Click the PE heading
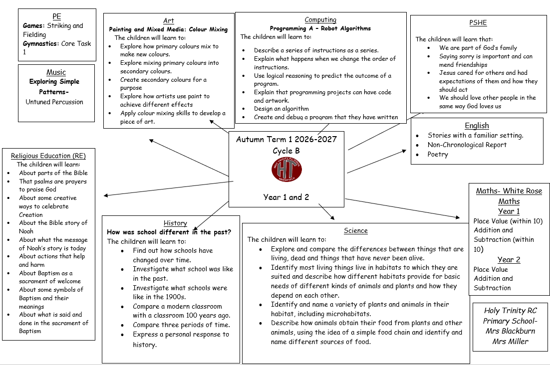pyautogui.click(x=57, y=16)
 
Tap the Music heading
pyautogui.click(x=56, y=72)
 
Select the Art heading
pyautogui.click(x=168, y=20)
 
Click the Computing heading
pyautogui.click(x=320, y=20)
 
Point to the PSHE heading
pyautogui.click(x=478, y=23)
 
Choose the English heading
pyautogui.click(x=477, y=125)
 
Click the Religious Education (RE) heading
pyautogui.click(x=48, y=156)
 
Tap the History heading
pyautogui.click(x=175, y=223)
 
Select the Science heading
pyautogui.click(x=356, y=230)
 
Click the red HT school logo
pyautogui.click(x=286, y=170)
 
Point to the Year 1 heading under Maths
pyautogui.click(x=509, y=211)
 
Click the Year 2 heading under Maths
pyautogui.click(x=509, y=260)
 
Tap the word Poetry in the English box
pyautogui.click(x=438, y=154)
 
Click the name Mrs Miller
pyautogui.click(x=510, y=341)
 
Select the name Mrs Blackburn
pyautogui.click(x=511, y=331)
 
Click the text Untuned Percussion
pyautogui.click(x=54, y=102)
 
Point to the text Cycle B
pyautogui.click(x=286, y=151)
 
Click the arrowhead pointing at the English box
pyautogui.click(x=404, y=151)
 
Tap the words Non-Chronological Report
pyautogui.click(x=467, y=145)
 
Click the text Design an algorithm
pyautogui.click(x=281, y=109)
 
